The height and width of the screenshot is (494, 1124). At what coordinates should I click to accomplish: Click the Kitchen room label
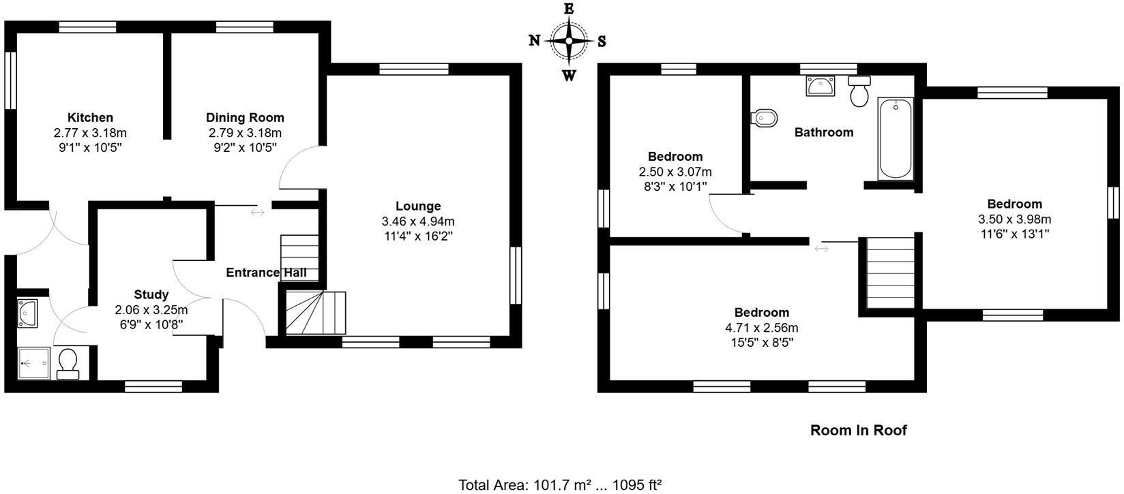(x=90, y=118)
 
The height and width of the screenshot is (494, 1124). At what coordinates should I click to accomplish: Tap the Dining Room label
(x=245, y=118)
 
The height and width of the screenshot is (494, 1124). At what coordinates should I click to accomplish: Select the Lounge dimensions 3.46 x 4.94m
(x=418, y=221)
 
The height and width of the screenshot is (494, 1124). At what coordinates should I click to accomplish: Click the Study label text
(x=151, y=295)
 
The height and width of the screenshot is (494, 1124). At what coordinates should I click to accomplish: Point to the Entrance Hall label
(x=266, y=273)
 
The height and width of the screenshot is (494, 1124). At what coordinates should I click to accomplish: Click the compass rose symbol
(x=569, y=41)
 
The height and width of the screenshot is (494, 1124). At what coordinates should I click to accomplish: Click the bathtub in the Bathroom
(x=896, y=139)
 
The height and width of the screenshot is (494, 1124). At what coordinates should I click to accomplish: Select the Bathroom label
(x=824, y=132)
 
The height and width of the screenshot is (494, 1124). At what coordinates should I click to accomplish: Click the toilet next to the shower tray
(x=68, y=363)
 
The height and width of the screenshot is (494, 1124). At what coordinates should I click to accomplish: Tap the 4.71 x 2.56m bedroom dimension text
(x=762, y=328)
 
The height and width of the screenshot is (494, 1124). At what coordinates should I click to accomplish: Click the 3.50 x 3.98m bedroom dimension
(x=1014, y=219)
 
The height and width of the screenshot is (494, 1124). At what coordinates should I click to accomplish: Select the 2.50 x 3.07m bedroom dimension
(x=675, y=172)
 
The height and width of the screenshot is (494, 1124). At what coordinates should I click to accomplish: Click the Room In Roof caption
(x=858, y=431)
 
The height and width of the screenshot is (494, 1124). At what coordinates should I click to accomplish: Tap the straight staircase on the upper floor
(x=889, y=273)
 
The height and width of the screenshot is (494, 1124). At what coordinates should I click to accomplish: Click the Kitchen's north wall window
(x=10, y=80)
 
